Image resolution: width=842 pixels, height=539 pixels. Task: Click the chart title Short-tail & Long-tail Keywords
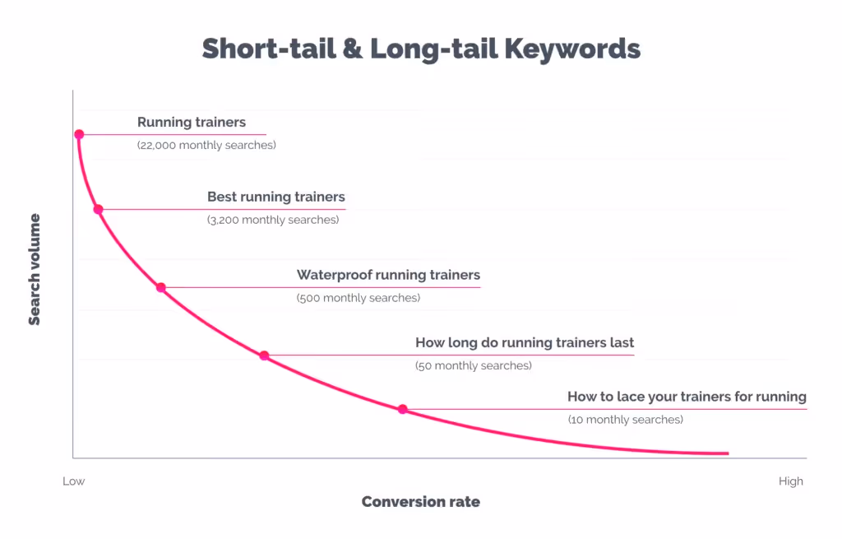[421, 49]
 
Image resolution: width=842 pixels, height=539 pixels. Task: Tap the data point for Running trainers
[79, 134]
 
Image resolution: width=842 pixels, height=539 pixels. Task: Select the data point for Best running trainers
[98, 209]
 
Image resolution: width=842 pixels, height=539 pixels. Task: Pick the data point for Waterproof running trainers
[161, 288]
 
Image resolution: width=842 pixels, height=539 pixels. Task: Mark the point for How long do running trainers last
[264, 355]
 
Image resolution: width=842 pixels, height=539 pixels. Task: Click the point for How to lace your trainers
[403, 409]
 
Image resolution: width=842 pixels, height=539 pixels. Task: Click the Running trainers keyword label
[192, 123]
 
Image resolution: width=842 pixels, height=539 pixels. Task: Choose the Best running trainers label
[276, 197]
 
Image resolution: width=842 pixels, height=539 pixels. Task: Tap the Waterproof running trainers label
[388, 275]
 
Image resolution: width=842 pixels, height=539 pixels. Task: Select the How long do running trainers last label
[525, 342]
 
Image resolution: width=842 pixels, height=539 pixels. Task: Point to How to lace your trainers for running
[687, 397]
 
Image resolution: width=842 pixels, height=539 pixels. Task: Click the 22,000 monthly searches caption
[206, 145]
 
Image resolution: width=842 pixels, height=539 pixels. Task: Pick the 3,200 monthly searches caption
[273, 220]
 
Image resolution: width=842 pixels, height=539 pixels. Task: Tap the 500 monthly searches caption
[359, 298]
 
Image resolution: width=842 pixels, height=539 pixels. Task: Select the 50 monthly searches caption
[474, 365]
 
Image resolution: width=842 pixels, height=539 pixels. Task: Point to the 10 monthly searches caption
[625, 420]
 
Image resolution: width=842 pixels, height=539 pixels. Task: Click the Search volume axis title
[35, 270]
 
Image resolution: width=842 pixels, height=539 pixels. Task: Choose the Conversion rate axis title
[420, 502]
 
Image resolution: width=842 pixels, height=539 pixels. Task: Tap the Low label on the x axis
[74, 481]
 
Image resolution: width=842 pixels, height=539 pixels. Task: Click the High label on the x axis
[791, 481]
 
